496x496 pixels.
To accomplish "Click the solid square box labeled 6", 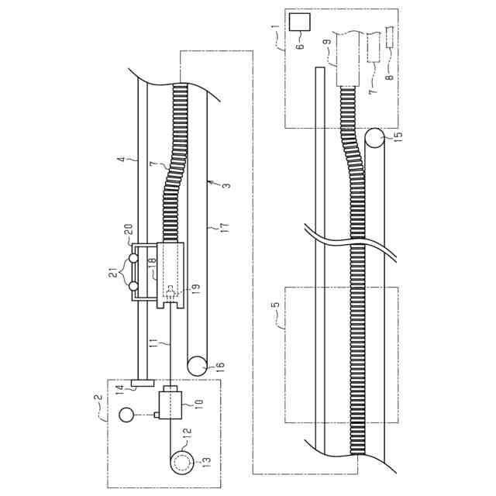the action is (300, 22).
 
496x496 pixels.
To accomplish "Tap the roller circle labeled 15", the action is (374, 138).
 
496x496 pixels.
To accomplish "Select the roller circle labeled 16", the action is (197, 366).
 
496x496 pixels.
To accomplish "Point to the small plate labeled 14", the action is (142, 383).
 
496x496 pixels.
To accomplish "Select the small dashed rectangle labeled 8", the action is (390, 37).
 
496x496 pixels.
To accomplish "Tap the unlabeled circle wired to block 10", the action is (126, 415).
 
